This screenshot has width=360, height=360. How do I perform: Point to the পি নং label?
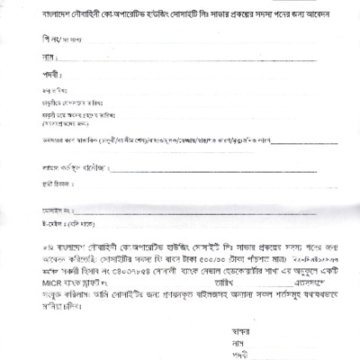33,39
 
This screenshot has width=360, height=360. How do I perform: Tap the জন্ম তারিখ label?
39,92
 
